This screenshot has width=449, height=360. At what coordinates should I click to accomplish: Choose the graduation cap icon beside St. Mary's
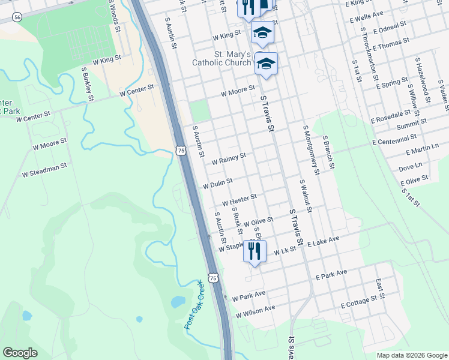pos(266,62)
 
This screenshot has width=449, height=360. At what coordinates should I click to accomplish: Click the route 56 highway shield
pos(17,18)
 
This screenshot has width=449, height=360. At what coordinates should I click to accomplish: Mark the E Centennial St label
pos(399,140)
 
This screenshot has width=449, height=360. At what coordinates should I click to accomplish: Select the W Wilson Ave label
pos(255,311)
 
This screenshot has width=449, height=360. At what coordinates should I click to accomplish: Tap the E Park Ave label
pos(331,275)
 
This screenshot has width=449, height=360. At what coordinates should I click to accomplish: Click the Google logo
pos(20,353)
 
